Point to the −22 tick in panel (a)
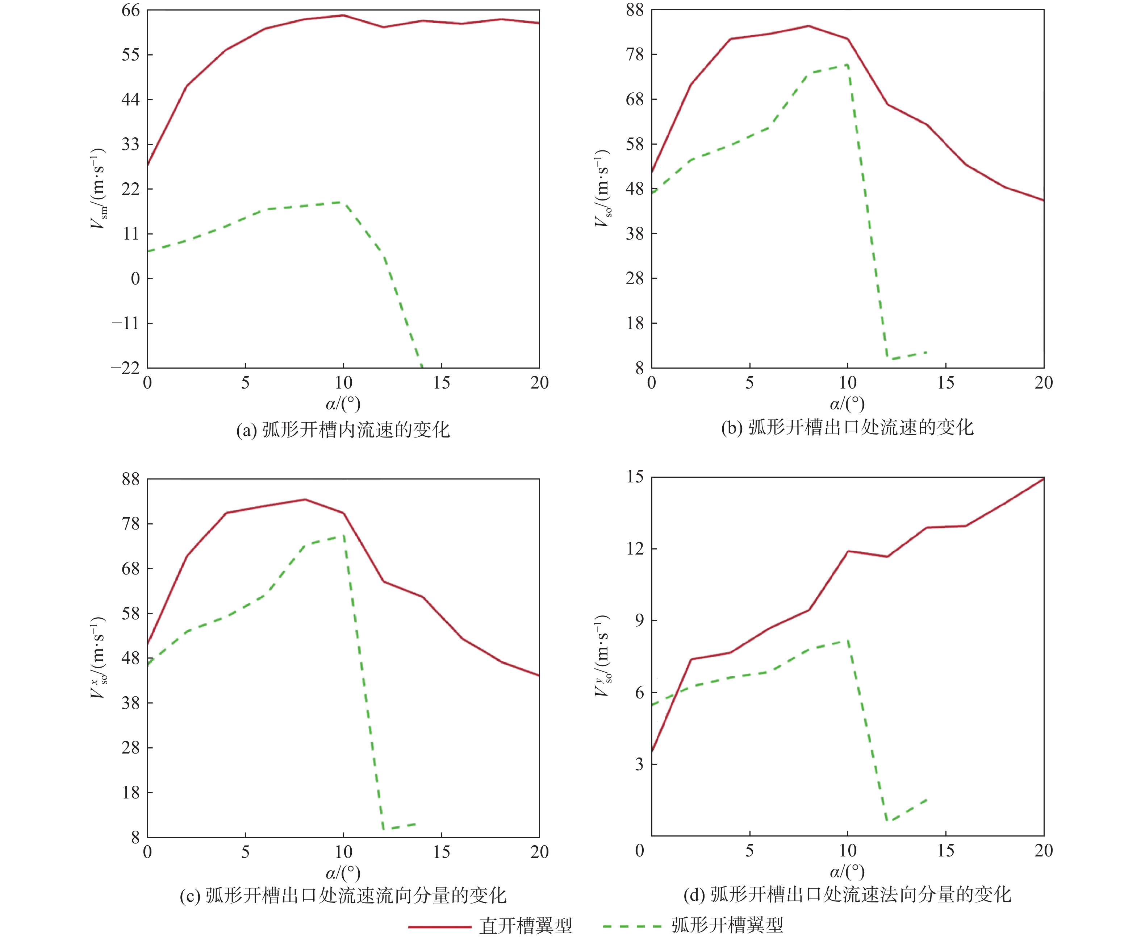point(125,368)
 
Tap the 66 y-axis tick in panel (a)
point(130,10)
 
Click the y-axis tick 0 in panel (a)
point(135,279)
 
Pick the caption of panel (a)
point(343,430)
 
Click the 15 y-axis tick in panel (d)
point(635,477)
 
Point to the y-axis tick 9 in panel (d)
point(639,620)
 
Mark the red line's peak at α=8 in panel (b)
point(808,25)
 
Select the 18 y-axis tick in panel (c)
point(130,793)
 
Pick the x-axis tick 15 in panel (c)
point(441,852)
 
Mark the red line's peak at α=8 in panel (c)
point(305,499)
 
